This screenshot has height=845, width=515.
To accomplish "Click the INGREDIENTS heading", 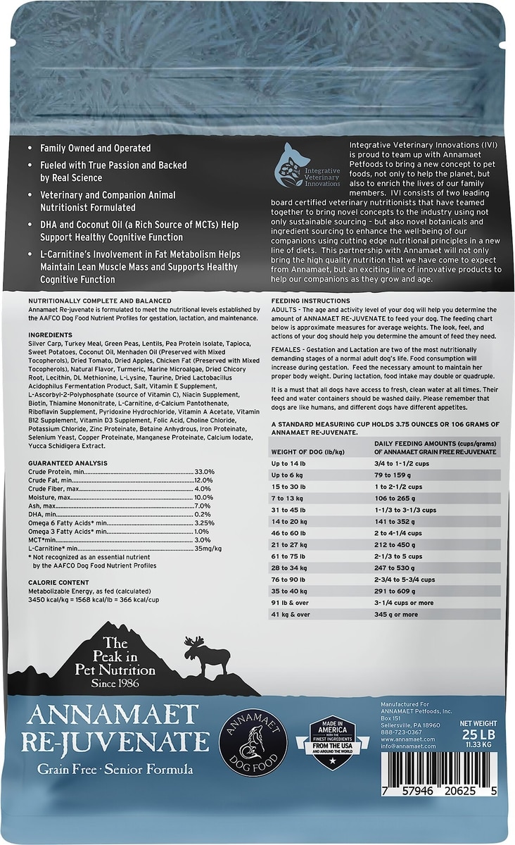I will [51, 334].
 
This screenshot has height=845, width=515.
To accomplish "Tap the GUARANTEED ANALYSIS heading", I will [68, 463].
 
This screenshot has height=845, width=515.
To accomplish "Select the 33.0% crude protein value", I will [203, 471].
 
